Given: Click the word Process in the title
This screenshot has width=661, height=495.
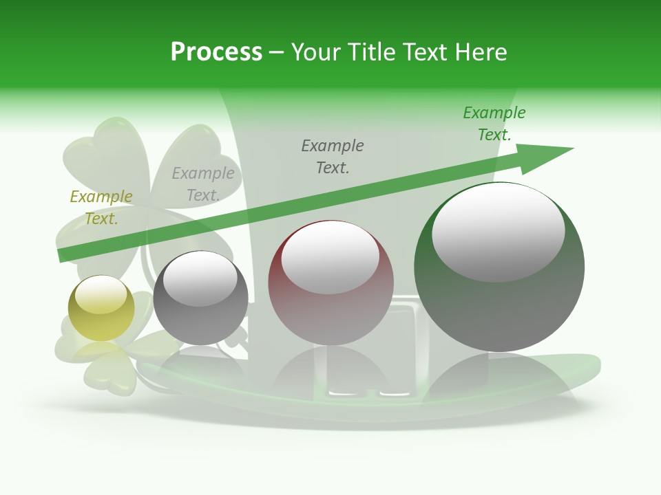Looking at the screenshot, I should tap(216, 52).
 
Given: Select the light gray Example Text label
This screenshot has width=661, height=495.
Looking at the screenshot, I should tap(203, 184).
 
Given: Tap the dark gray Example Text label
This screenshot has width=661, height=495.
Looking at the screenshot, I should tap(333, 156).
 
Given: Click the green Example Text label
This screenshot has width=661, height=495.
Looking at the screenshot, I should tap(494, 123).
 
